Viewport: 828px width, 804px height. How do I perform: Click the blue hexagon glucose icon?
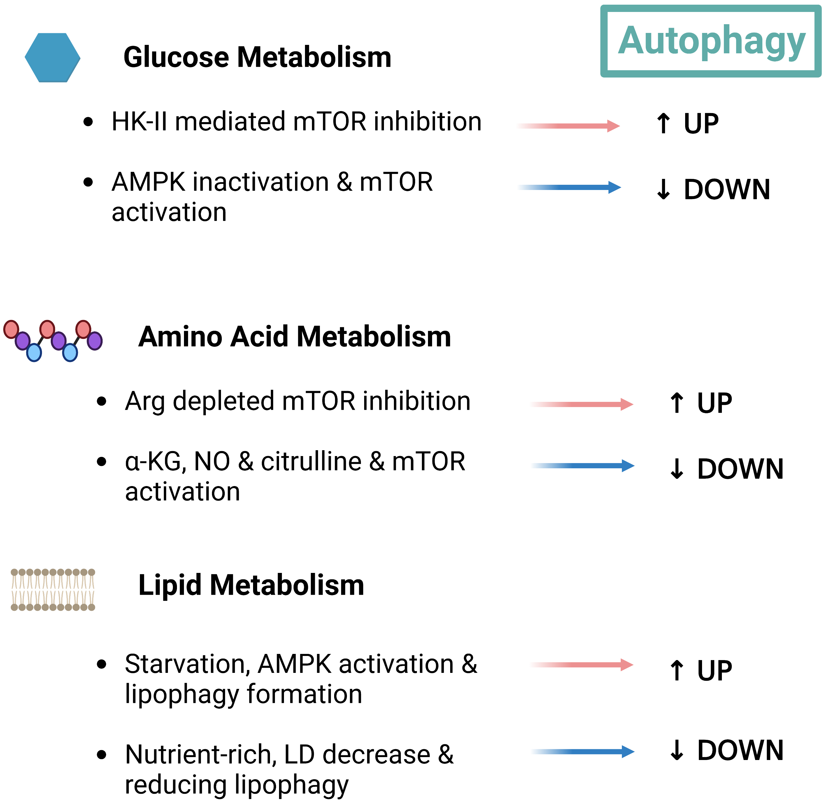[52, 57]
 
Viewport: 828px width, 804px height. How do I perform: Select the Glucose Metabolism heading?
[257, 57]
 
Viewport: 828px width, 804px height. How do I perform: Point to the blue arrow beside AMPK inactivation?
[569, 187]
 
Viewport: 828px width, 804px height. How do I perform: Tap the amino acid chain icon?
[53, 340]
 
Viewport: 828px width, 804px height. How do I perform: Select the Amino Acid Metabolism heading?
[294, 337]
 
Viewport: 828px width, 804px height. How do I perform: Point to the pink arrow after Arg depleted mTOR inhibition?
[582, 404]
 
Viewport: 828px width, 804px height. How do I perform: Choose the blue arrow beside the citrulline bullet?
[583, 466]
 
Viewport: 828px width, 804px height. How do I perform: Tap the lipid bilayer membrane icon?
[53, 590]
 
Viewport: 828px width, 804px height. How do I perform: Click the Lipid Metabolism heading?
[251, 585]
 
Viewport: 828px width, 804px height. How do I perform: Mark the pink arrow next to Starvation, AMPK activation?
[582, 665]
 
